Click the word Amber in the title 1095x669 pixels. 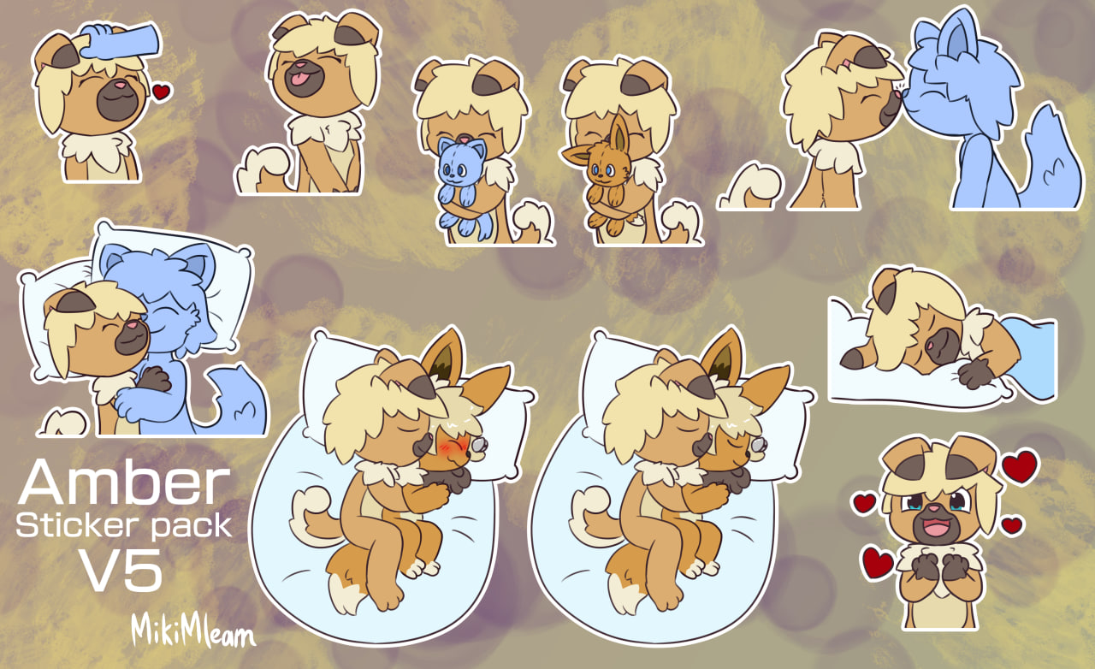pyautogui.click(x=124, y=483)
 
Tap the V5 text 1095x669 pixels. pyautogui.click(x=121, y=570)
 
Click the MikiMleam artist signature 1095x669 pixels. pyautogui.click(x=193, y=632)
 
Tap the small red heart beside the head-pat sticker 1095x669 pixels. pyautogui.click(x=161, y=92)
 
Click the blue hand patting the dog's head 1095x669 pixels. pyautogui.click(x=120, y=41)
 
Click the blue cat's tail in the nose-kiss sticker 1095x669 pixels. pyautogui.click(x=1051, y=162)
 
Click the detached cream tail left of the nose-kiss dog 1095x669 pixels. pyautogui.click(x=749, y=188)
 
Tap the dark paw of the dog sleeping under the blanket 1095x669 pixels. pyautogui.click(x=975, y=374)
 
